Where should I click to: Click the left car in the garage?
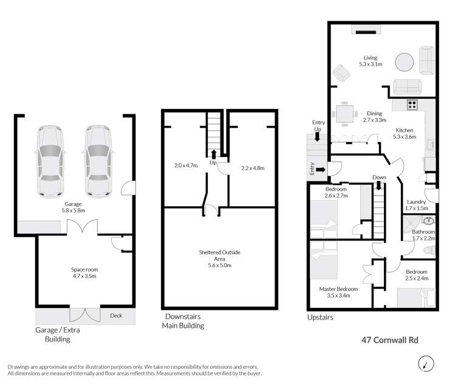(x=50, y=162)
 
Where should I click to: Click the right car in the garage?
(x=98, y=162)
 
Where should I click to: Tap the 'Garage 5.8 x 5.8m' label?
(x=74, y=208)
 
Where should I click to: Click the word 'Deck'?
(x=116, y=315)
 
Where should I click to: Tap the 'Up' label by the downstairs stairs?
(x=213, y=162)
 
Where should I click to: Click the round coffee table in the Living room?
(x=404, y=63)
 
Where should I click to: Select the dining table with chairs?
(x=345, y=113)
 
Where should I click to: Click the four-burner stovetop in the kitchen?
(x=412, y=104)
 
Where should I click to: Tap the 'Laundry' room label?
(x=417, y=201)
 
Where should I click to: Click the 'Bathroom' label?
(x=423, y=232)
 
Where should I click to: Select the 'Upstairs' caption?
(x=320, y=317)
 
